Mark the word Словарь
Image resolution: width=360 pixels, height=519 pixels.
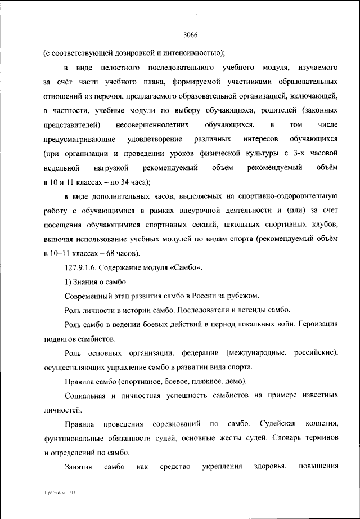271,438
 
